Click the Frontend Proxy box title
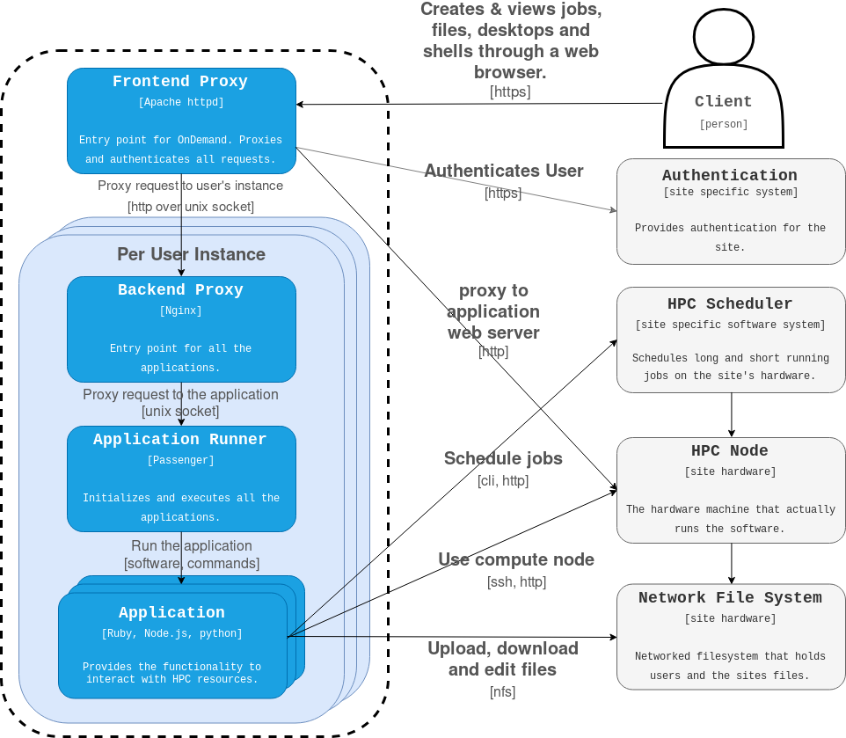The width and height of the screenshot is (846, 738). coord(180,82)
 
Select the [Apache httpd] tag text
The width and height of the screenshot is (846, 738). coord(180,102)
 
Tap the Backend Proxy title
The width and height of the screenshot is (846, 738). coord(180,290)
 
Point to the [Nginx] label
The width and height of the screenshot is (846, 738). coord(180,311)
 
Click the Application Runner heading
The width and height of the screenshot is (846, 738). coord(180,440)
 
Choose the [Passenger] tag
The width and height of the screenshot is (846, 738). coord(180,460)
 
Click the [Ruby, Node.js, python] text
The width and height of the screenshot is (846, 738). coord(171,633)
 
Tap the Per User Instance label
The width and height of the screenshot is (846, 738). coord(191,254)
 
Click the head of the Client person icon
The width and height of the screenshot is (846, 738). coord(723,37)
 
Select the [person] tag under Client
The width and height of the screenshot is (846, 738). coord(723,125)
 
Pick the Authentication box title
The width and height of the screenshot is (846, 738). coord(730,176)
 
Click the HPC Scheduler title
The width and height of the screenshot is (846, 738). coord(730,304)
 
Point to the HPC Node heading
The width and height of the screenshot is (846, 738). coord(730,451)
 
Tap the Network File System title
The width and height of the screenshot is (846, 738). coord(730,598)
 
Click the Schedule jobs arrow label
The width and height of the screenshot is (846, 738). coord(503,458)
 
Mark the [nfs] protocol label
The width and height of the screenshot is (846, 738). coord(502,691)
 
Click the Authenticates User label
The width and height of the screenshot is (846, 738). coord(504,171)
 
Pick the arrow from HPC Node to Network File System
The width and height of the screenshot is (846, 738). coord(732,562)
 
